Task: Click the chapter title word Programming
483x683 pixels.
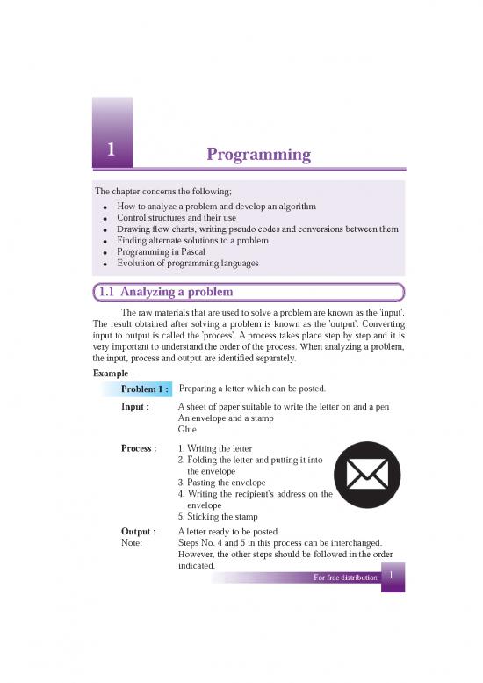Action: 258,156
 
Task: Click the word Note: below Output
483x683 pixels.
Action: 133,543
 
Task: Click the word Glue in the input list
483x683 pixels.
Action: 187,431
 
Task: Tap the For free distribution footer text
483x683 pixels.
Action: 345,578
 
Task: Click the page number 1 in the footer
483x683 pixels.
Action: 393,576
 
